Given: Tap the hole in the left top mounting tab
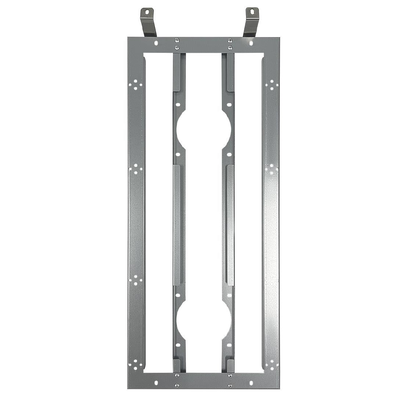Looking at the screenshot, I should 147,12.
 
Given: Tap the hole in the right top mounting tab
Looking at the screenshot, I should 252,12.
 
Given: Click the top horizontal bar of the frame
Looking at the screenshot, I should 203,44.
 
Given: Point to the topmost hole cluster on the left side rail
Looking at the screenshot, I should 136,84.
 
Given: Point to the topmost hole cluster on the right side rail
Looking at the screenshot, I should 272,85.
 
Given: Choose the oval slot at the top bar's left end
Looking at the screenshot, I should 156,43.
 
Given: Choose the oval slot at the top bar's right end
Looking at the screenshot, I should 251,43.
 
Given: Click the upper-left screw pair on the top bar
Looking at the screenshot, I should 177,44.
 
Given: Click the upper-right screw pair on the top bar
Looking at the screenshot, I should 230,44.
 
